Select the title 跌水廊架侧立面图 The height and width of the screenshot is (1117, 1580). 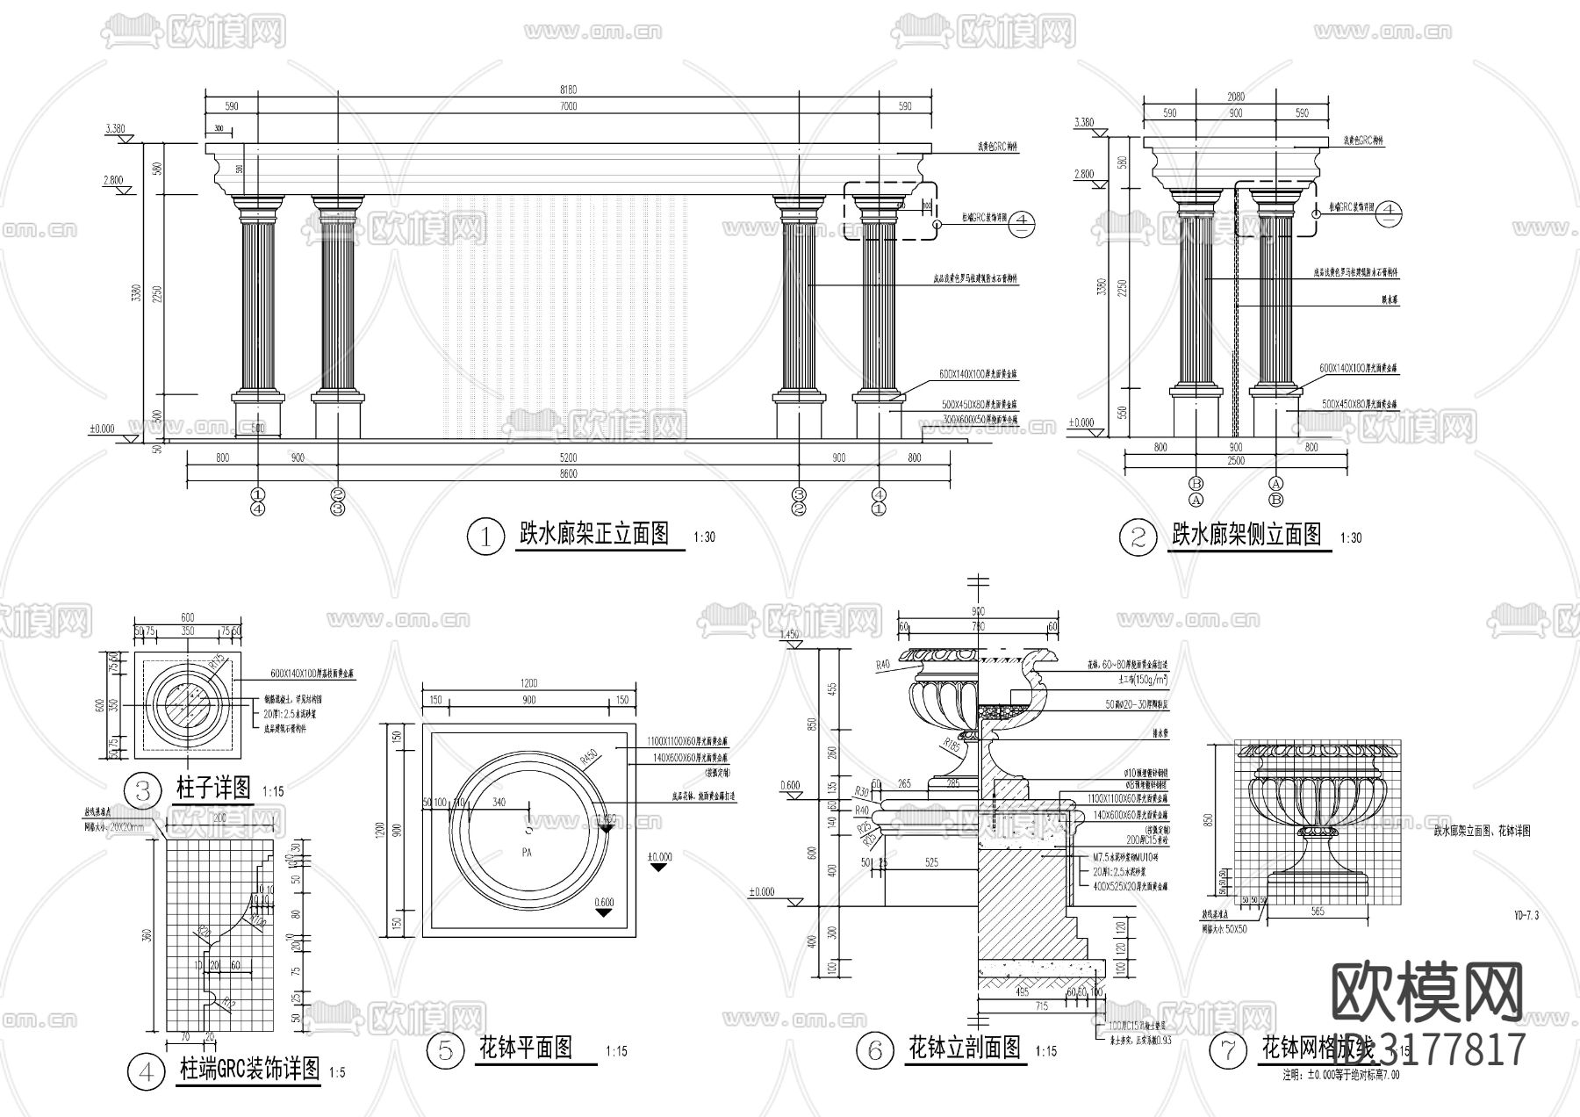tap(1246, 535)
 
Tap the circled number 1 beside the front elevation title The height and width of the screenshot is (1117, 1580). tap(484, 537)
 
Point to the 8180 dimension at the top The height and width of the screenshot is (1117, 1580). tap(568, 90)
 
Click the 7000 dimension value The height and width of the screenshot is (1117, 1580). tap(568, 106)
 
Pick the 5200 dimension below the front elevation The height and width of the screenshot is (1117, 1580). tap(568, 458)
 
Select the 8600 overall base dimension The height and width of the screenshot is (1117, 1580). tap(568, 474)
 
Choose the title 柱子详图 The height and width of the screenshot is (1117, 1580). tap(214, 787)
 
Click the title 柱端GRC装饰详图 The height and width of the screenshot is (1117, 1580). tap(249, 1070)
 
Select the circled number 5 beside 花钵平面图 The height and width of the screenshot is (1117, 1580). tap(445, 1050)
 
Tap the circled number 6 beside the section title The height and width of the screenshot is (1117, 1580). tap(874, 1051)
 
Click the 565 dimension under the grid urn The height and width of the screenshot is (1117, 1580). tap(1316, 912)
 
